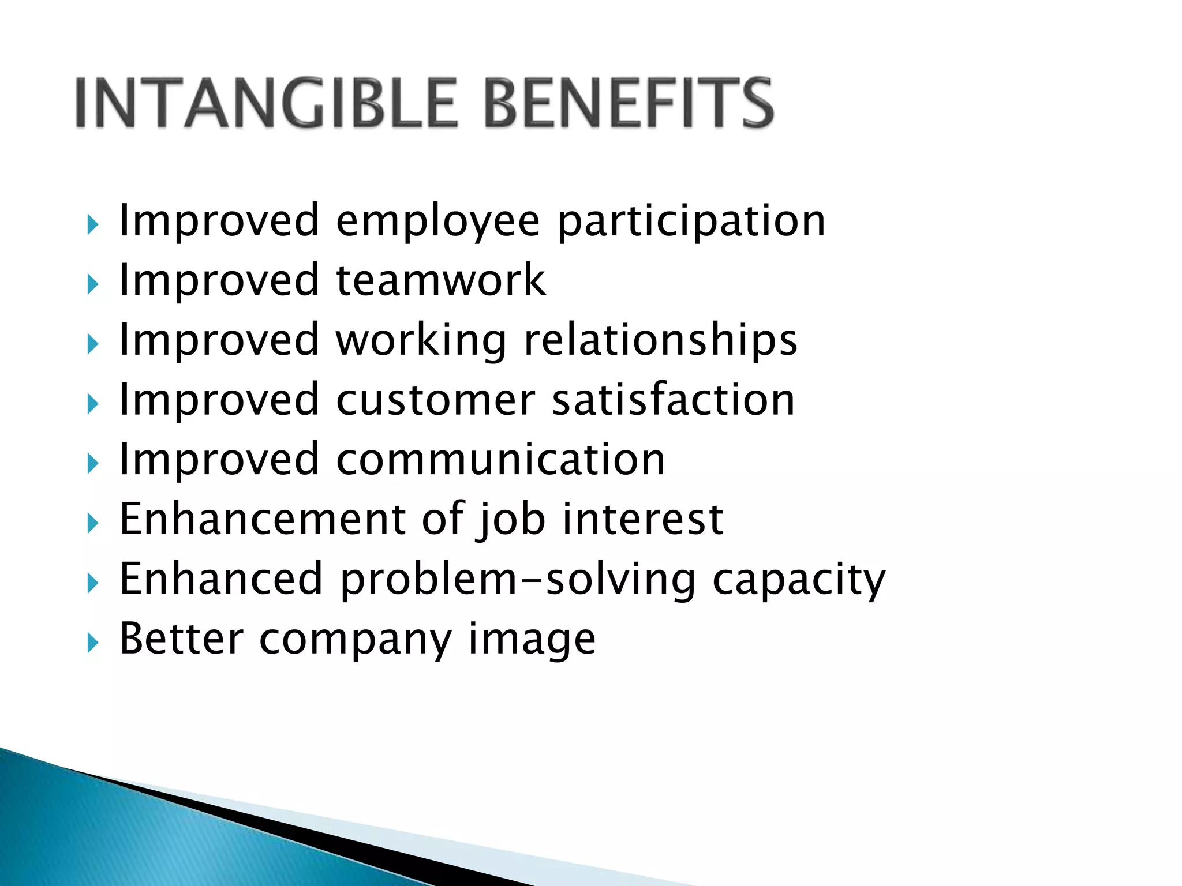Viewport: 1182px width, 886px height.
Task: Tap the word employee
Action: pos(438,222)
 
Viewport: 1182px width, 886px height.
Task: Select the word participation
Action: pos(691,222)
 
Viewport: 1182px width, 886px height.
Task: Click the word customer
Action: pos(436,400)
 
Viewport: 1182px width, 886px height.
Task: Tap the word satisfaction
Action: pos(674,400)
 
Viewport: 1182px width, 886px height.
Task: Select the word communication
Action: pos(500,460)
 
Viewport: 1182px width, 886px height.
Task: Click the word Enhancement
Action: pos(263,519)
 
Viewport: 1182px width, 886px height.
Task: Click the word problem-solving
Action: pos(518,580)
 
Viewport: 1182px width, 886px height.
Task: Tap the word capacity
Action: pos(799,580)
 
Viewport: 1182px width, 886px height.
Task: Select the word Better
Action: pos(181,639)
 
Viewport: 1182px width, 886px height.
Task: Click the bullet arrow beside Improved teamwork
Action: pos(93,284)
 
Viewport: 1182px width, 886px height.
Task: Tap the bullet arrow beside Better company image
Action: pos(93,643)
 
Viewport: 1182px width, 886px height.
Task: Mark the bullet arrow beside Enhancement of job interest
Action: pos(93,523)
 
